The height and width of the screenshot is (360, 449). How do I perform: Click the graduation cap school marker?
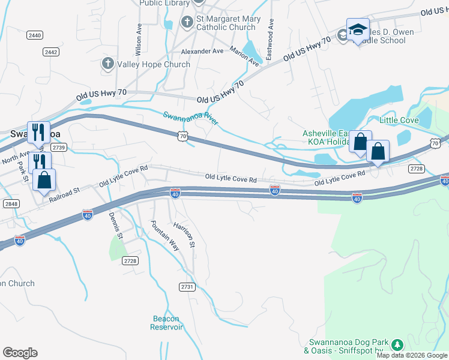tap(358, 30)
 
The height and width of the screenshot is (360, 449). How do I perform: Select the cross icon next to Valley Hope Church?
tap(107, 64)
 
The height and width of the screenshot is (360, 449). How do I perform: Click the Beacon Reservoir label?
tap(167, 323)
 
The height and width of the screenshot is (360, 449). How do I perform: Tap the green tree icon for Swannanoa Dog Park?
tap(396, 344)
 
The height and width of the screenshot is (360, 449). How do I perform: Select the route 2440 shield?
tap(34, 36)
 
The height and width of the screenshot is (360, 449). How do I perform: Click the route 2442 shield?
tap(50, 52)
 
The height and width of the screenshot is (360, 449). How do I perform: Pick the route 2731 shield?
tap(187, 287)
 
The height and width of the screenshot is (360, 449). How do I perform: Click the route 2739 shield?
tap(58, 147)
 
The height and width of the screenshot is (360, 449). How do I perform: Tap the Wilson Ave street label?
tap(139, 37)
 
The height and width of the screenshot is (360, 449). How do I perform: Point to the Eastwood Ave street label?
tap(270, 39)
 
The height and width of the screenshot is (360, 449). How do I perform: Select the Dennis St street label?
tap(115, 226)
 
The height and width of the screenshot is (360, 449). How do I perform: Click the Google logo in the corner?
tap(20, 353)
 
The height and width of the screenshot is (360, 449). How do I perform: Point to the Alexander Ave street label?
tap(202, 52)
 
